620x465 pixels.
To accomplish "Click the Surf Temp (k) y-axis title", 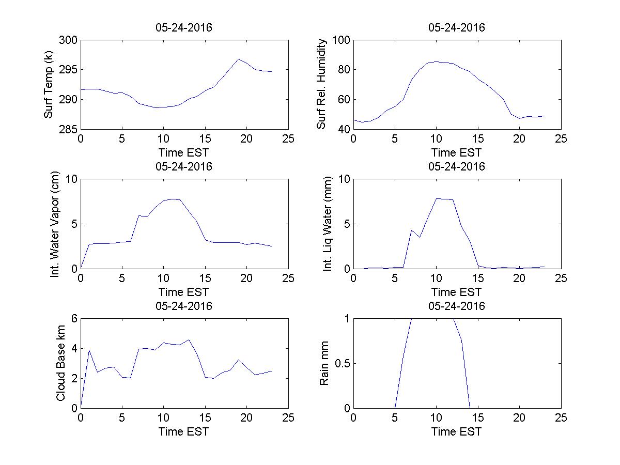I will (49, 84).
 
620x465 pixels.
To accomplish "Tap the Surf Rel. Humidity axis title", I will (322, 84).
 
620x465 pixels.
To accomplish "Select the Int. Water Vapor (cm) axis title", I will (55, 224).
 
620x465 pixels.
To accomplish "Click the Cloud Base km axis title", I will (60, 363).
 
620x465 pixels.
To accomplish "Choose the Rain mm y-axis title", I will (324, 363).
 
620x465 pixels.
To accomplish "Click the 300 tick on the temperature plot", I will (68, 40).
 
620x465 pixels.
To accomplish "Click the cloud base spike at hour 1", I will (89, 350).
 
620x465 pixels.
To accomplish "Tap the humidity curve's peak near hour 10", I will (437, 61).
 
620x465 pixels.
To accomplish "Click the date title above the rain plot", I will (457, 306).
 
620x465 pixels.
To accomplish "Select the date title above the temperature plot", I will (184, 28).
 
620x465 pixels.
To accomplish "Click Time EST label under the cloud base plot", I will (184, 431).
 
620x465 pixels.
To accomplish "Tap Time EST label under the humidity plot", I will (457, 152).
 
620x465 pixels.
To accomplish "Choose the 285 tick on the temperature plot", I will (68, 129).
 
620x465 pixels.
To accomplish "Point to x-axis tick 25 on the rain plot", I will (561, 418).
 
